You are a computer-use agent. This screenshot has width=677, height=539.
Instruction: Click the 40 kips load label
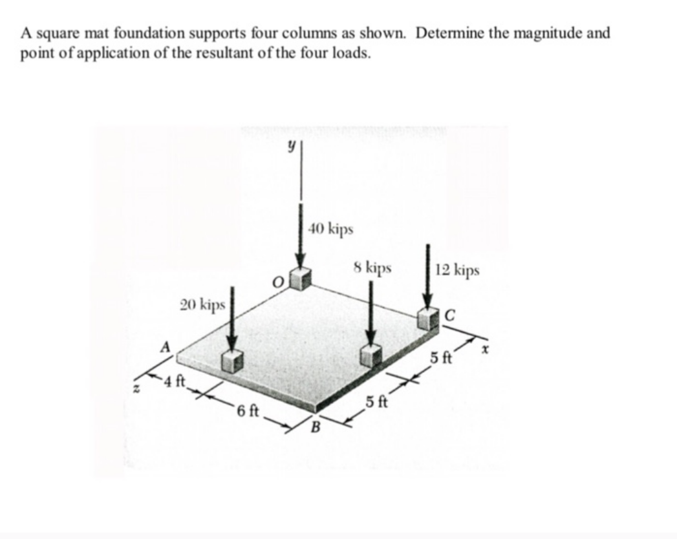pos(332,228)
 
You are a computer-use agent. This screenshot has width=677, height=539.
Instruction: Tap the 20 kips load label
pos(202,304)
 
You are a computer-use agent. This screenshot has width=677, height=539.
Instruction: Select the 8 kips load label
pos(373,267)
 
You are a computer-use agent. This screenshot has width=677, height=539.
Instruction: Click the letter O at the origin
pos(279,282)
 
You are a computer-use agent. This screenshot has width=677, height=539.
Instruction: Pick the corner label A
pos(166,346)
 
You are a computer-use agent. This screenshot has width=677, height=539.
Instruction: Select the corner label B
pos(316,427)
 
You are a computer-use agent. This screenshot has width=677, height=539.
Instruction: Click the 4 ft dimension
pos(175,380)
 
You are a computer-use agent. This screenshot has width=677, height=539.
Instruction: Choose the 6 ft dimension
pos(248,410)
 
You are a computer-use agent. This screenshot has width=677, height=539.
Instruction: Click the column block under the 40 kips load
pos(300,278)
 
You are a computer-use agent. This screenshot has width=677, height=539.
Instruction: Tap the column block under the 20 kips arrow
pos(233,361)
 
